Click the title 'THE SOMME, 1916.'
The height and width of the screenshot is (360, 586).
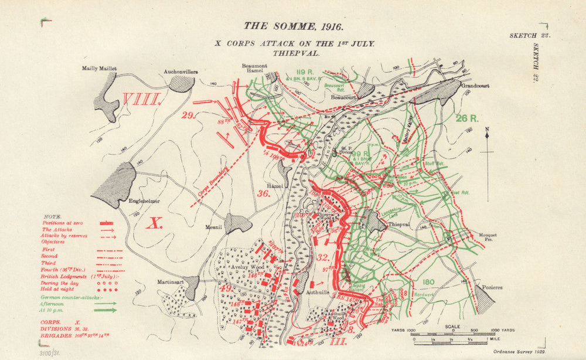pos(294,26)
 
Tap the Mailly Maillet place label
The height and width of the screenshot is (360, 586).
pos(100,69)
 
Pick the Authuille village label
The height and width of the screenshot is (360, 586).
pos(325,290)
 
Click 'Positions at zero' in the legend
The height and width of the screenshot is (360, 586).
pos(62,223)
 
